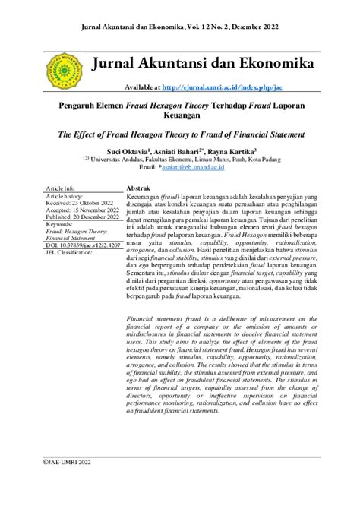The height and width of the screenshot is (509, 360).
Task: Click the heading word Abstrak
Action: click(x=138, y=188)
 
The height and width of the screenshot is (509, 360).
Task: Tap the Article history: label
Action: click(x=68, y=196)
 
